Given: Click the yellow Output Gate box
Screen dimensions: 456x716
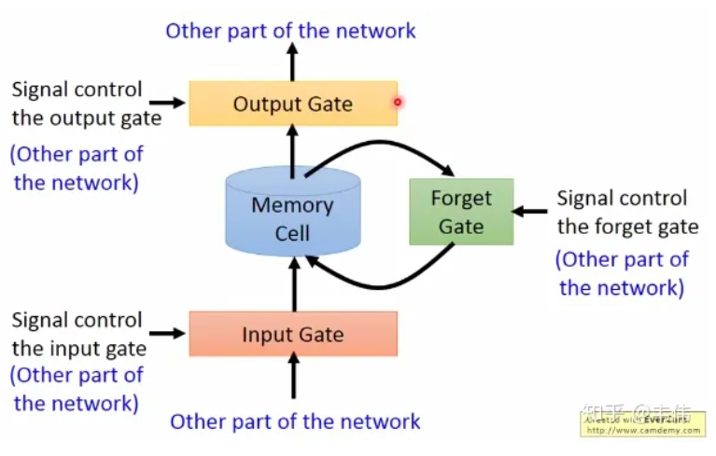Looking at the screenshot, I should [292, 103].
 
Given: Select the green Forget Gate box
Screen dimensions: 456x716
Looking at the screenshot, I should [461, 212].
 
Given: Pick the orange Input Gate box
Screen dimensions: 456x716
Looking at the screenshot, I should [293, 334].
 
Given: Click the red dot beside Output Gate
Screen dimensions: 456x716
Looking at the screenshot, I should [397, 103].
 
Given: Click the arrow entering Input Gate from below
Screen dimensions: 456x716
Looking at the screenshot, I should [293, 379].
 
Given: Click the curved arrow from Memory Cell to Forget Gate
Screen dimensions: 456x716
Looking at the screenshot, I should [383, 146].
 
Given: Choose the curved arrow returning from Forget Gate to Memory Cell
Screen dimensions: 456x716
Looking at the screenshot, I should [383, 281].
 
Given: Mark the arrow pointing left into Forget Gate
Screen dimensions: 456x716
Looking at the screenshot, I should [530, 212].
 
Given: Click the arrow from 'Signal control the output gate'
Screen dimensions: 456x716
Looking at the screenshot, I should [168, 103].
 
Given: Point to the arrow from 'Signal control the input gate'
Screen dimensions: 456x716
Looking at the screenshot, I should [168, 333].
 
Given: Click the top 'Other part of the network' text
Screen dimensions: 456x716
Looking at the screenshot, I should [290, 30].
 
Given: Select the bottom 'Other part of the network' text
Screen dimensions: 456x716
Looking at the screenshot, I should [295, 421].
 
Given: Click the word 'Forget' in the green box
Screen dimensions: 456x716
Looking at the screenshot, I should [461, 199].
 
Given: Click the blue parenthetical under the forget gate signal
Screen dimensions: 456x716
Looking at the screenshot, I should [622, 273].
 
